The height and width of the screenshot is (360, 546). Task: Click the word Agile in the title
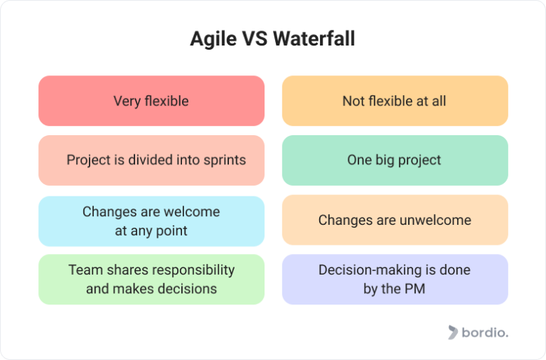[x=213, y=39]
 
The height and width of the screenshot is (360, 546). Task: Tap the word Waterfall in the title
[x=314, y=38]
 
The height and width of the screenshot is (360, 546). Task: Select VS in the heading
[x=255, y=38]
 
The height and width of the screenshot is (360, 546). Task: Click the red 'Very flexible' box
[x=151, y=101]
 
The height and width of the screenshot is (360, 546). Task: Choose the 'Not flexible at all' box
[x=395, y=101]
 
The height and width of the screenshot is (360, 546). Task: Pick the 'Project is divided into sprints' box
[x=151, y=160]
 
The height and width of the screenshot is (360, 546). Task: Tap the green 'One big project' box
[x=395, y=160]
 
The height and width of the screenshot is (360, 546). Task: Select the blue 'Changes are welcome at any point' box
[x=151, y=221]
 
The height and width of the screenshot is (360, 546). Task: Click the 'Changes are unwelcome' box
[x=395, y=220]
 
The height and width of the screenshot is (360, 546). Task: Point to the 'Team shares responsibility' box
[x=151, y=280]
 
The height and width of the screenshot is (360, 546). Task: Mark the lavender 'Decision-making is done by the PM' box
[x=395, y=280]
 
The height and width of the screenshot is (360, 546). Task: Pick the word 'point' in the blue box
[x=171, y=231]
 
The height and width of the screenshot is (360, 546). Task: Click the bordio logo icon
[x=453, y=332]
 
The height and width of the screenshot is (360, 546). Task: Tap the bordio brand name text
[x=485, y=332]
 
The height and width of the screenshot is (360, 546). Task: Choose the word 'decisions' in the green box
[x=187, y=289]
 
